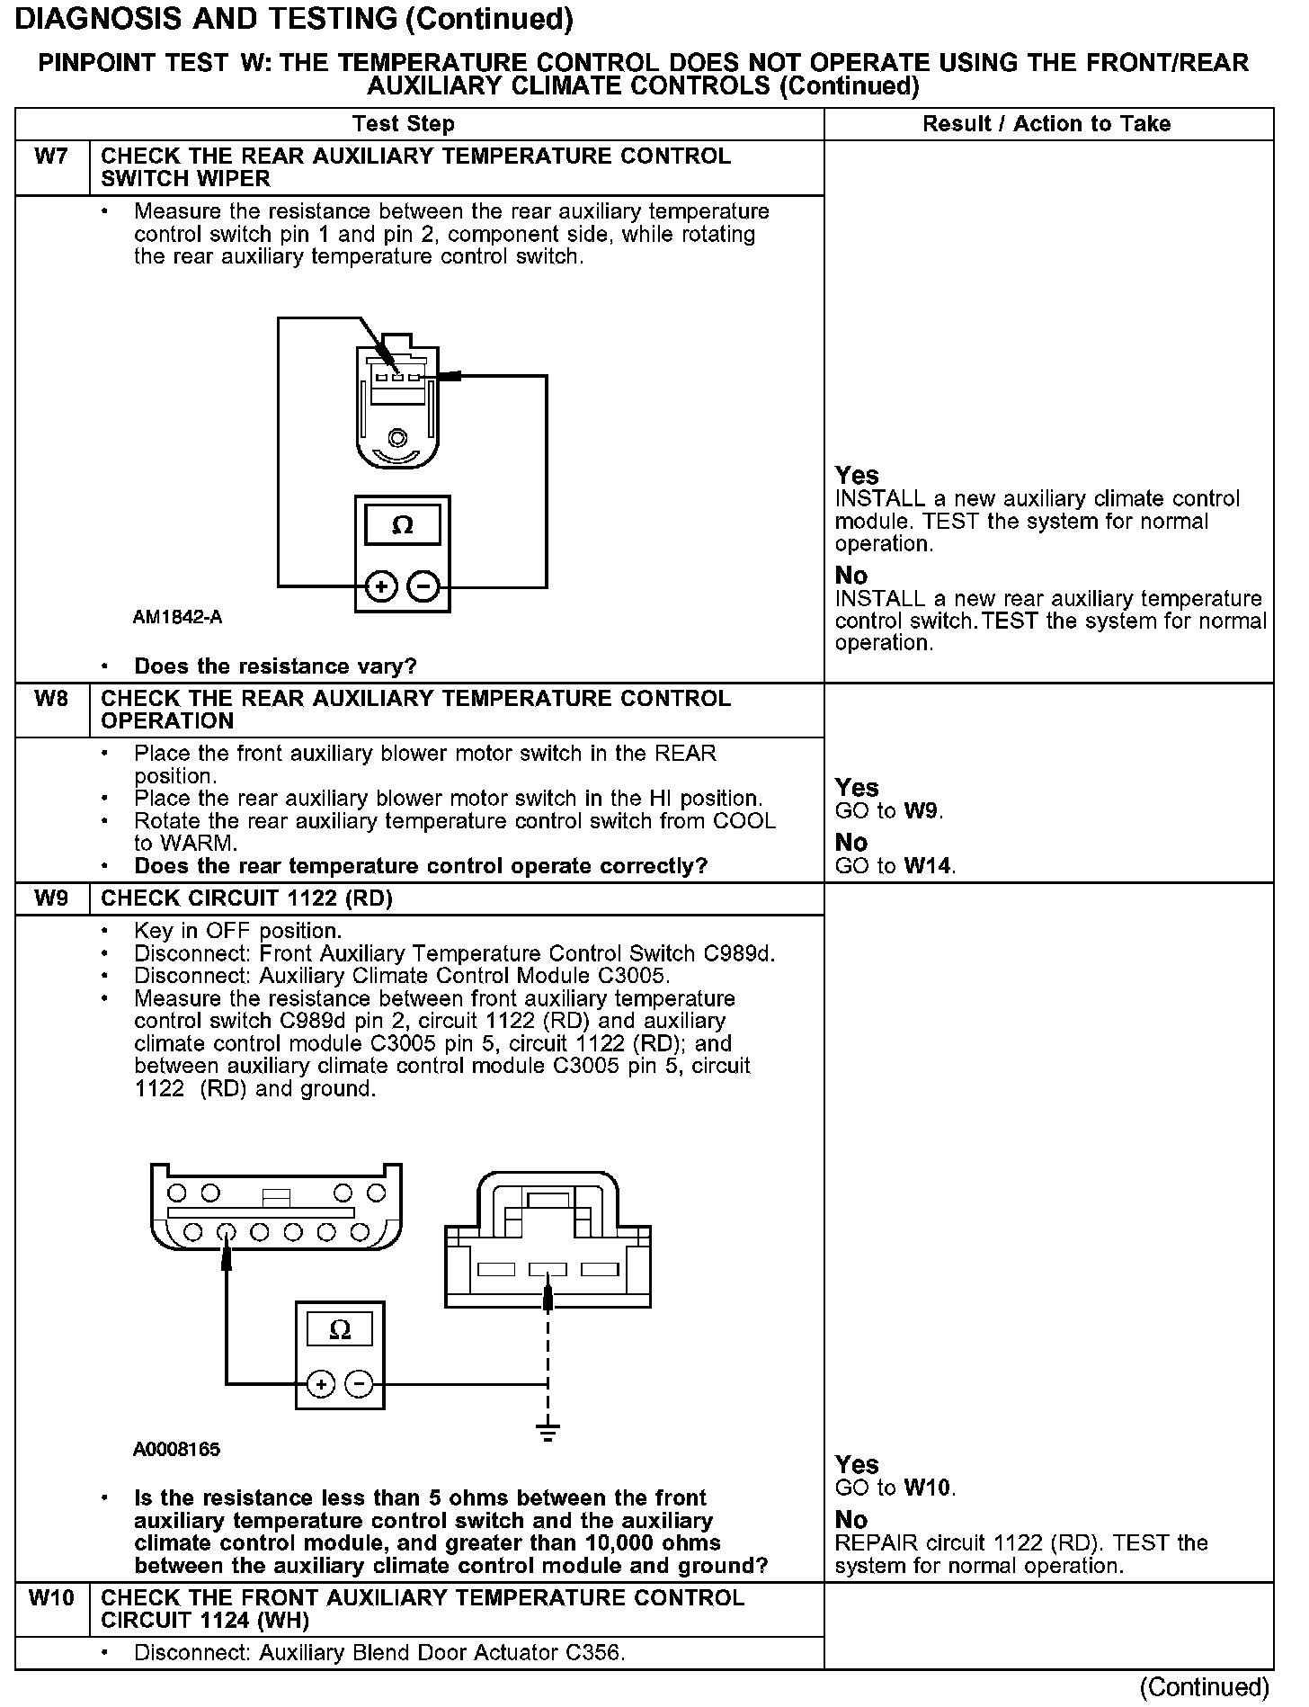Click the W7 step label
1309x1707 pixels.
tap(51, 156)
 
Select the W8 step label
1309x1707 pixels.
tap(51, 699)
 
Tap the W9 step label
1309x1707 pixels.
tap(51, 898)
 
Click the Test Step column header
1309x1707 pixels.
tap(404, 124)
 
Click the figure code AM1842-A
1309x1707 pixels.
tap(177, 618)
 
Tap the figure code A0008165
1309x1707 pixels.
tap(176, 1449)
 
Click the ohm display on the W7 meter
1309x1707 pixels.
tap(403, 525)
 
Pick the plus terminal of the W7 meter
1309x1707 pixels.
tap(381, 587)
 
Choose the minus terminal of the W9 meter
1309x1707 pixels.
tap(359, 1383)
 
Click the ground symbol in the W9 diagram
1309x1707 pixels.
tap(548, 1429)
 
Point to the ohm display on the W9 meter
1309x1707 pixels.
tap(340, 1329)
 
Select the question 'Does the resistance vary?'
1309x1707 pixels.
tap(275, 666)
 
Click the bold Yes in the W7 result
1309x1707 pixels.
tap(857, 475)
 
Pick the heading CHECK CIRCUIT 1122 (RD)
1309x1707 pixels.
tap(247, 898)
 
